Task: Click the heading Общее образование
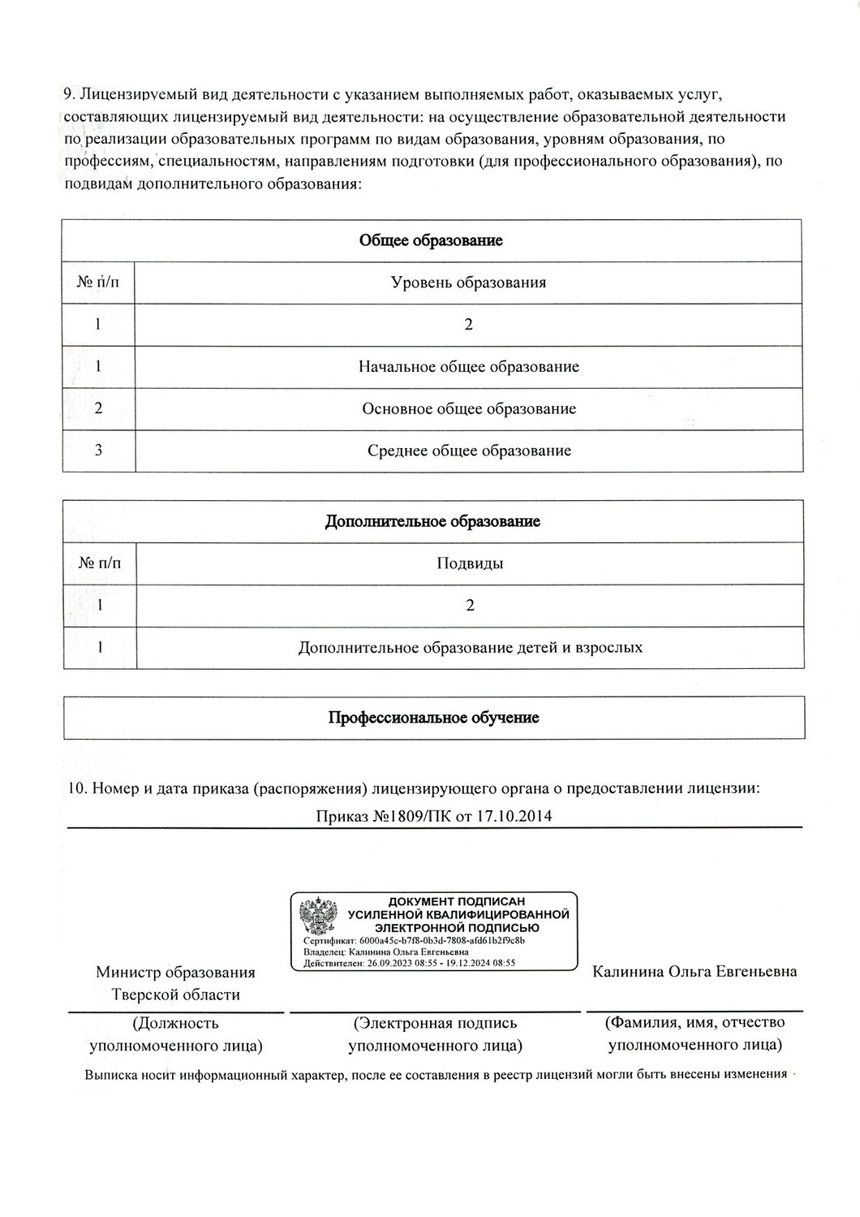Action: [431, 240]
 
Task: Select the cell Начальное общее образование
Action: [469, 366]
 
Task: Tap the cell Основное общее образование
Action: [469, 408]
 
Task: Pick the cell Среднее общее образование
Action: [469, 451]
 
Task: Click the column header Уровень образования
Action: [468, 283]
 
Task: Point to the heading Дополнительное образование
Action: [432, 521]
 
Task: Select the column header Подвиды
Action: [470, 563]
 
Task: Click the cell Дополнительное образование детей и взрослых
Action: [471, 648]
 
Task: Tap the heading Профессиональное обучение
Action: [433, 718]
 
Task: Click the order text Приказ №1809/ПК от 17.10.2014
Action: [434, 816]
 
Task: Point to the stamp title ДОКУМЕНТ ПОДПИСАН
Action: [457, 901]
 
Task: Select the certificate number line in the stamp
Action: [414, 940]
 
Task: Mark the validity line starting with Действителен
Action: [410, 963]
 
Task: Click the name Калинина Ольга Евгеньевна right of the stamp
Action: [694, 972]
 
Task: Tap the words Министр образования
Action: [175, 973]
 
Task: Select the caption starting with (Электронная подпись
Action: [435, 1023]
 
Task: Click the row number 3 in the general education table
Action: [98, 451]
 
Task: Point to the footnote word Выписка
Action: [110, 1075]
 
